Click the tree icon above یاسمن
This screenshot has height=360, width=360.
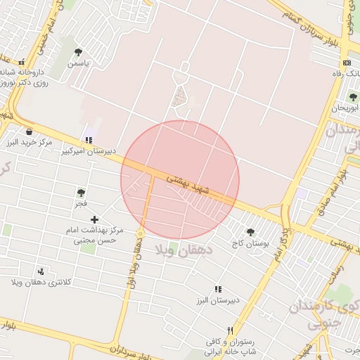pos(78,53)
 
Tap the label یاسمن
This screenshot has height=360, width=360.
pos(79,63)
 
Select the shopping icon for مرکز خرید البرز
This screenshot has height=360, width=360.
pos(29,131)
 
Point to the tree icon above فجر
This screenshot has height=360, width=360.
pos(81,193)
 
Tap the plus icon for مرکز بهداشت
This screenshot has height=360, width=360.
pos(95,219)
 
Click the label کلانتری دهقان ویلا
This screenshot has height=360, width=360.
pos(41,282)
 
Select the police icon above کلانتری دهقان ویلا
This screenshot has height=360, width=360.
pos(41,271)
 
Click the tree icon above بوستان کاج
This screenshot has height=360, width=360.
pos(250,232)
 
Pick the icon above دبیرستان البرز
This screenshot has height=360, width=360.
pos(218,289)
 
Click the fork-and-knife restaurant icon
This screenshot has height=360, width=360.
pos(230,331)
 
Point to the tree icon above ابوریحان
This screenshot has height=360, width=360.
pos(352,97)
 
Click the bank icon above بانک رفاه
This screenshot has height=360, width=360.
pos(347,63)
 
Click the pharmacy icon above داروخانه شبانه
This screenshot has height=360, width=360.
pos(21,62)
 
